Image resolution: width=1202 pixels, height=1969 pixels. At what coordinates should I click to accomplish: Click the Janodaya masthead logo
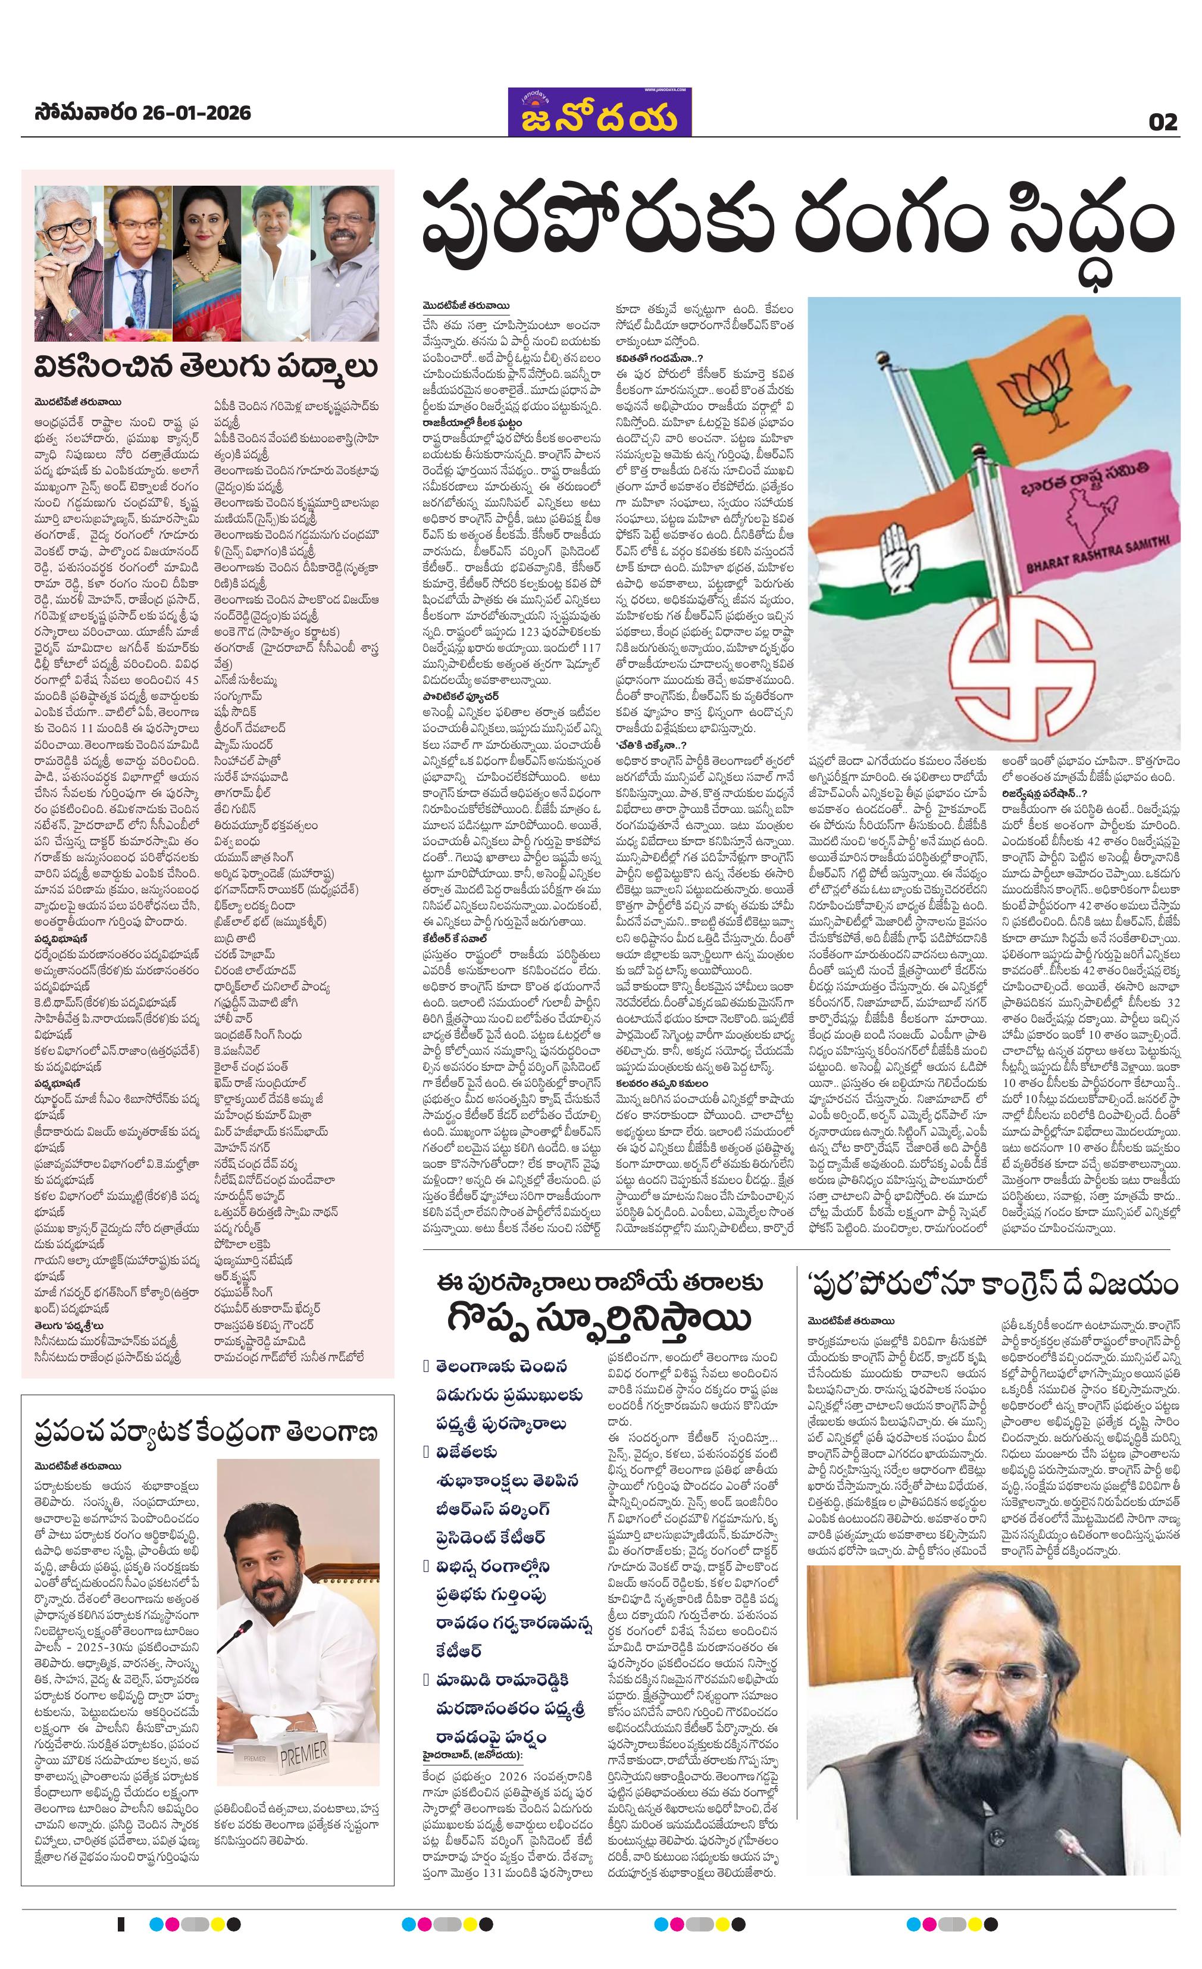(x=599, y=112)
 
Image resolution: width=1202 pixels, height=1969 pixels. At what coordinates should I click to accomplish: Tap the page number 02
(x=1163, y=122)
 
